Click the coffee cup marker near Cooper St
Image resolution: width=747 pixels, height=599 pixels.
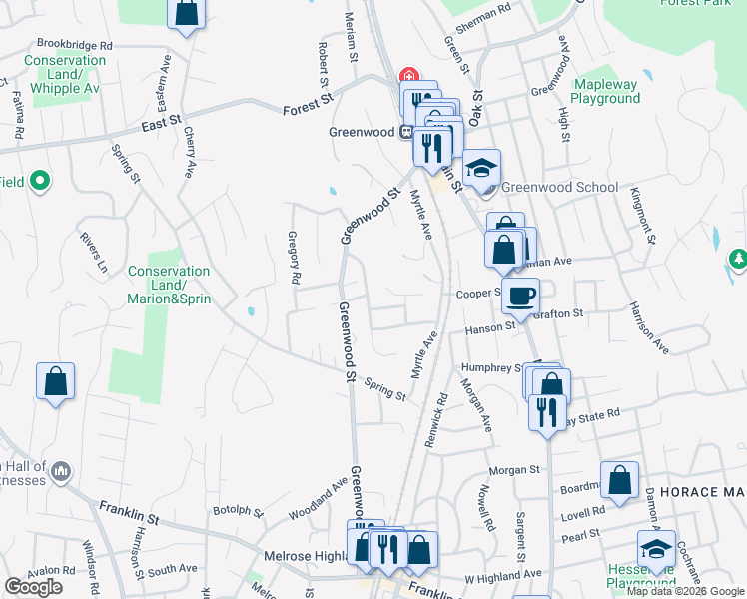tap(520, 295)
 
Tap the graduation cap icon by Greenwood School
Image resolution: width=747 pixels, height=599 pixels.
tap(481, 168)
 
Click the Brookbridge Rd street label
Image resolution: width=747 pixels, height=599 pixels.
tap(75, 45)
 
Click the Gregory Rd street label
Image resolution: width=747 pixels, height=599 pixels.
tap(294, 260)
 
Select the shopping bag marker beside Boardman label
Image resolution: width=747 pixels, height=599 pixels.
tap(620, 479)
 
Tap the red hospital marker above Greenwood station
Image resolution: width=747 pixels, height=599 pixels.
tap(408, 76)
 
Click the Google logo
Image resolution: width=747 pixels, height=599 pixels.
tap(33, 587)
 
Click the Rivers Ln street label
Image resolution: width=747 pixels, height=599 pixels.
tap(92, 252)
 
